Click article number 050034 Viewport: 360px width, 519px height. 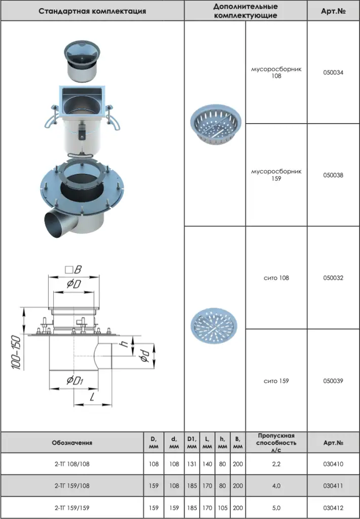(333, 72)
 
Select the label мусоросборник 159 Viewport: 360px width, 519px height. (276, 175)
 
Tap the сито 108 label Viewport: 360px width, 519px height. (276, 278)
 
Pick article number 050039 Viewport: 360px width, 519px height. (333, 381)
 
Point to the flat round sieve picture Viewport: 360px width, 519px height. (214, 326)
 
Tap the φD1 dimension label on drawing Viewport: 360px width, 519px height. (75, 380)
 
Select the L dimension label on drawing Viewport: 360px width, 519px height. (92, 396)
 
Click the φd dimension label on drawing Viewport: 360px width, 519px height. (145, 355)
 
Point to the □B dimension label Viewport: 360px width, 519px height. (73, 270)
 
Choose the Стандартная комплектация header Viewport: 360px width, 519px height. (92, 11)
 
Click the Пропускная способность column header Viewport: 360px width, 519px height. (276, 442)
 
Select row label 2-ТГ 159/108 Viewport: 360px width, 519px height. (72, 486)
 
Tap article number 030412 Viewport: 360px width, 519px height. (333, 508)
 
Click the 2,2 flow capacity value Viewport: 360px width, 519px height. (276, 464)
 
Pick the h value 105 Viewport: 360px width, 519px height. (223, 508)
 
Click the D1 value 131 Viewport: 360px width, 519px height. (192, 464)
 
